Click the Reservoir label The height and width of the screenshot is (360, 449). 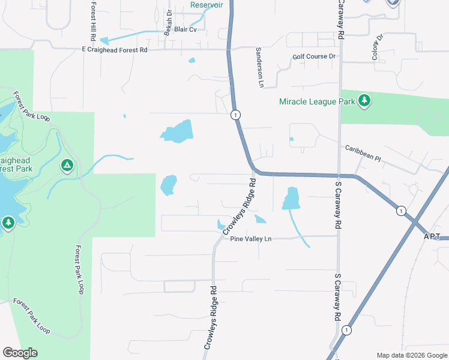pos(206,5)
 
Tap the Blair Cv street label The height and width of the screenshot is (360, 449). pos(185,29)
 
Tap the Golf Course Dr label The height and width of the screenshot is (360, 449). pos(314,56)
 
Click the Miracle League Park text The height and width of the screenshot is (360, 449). pos(317,101)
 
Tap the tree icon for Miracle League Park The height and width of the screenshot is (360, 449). pos(364,101)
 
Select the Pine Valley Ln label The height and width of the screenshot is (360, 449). pos(251,239)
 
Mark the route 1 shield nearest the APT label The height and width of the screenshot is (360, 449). pos(400,211)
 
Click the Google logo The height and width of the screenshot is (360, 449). pos(20,353)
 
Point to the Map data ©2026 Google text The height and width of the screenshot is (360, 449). pos(412,355)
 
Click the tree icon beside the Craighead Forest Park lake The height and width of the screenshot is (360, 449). pos(8,224)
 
